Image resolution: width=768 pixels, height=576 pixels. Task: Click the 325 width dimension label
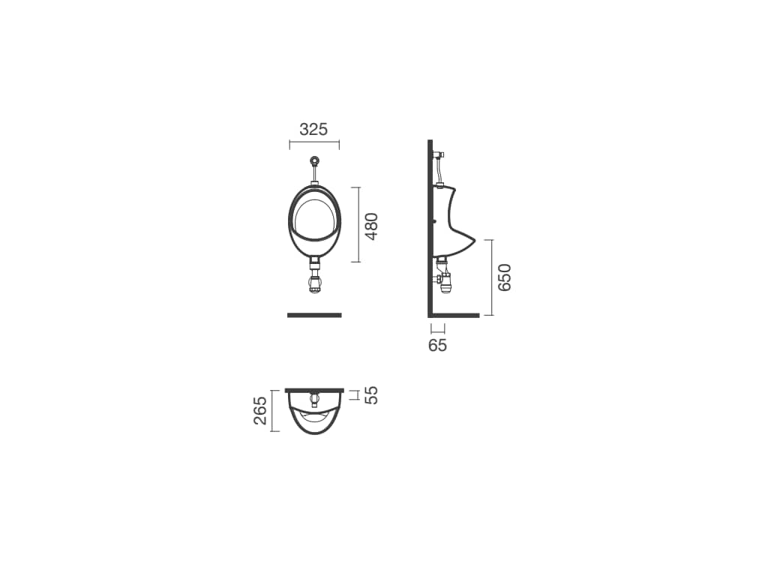click(313, 130)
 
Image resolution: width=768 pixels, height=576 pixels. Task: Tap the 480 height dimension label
click(372, 226)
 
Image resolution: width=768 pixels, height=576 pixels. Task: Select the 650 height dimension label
click(504, 277)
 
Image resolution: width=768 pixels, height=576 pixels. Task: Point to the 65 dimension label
click(437, 345)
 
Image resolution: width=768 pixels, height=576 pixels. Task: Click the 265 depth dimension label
click(260, 410)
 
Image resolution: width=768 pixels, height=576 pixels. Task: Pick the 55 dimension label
click(372, 395)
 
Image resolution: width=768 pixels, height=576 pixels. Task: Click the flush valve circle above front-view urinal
click(315, 160)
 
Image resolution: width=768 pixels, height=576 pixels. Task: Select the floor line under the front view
click(314, 315)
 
